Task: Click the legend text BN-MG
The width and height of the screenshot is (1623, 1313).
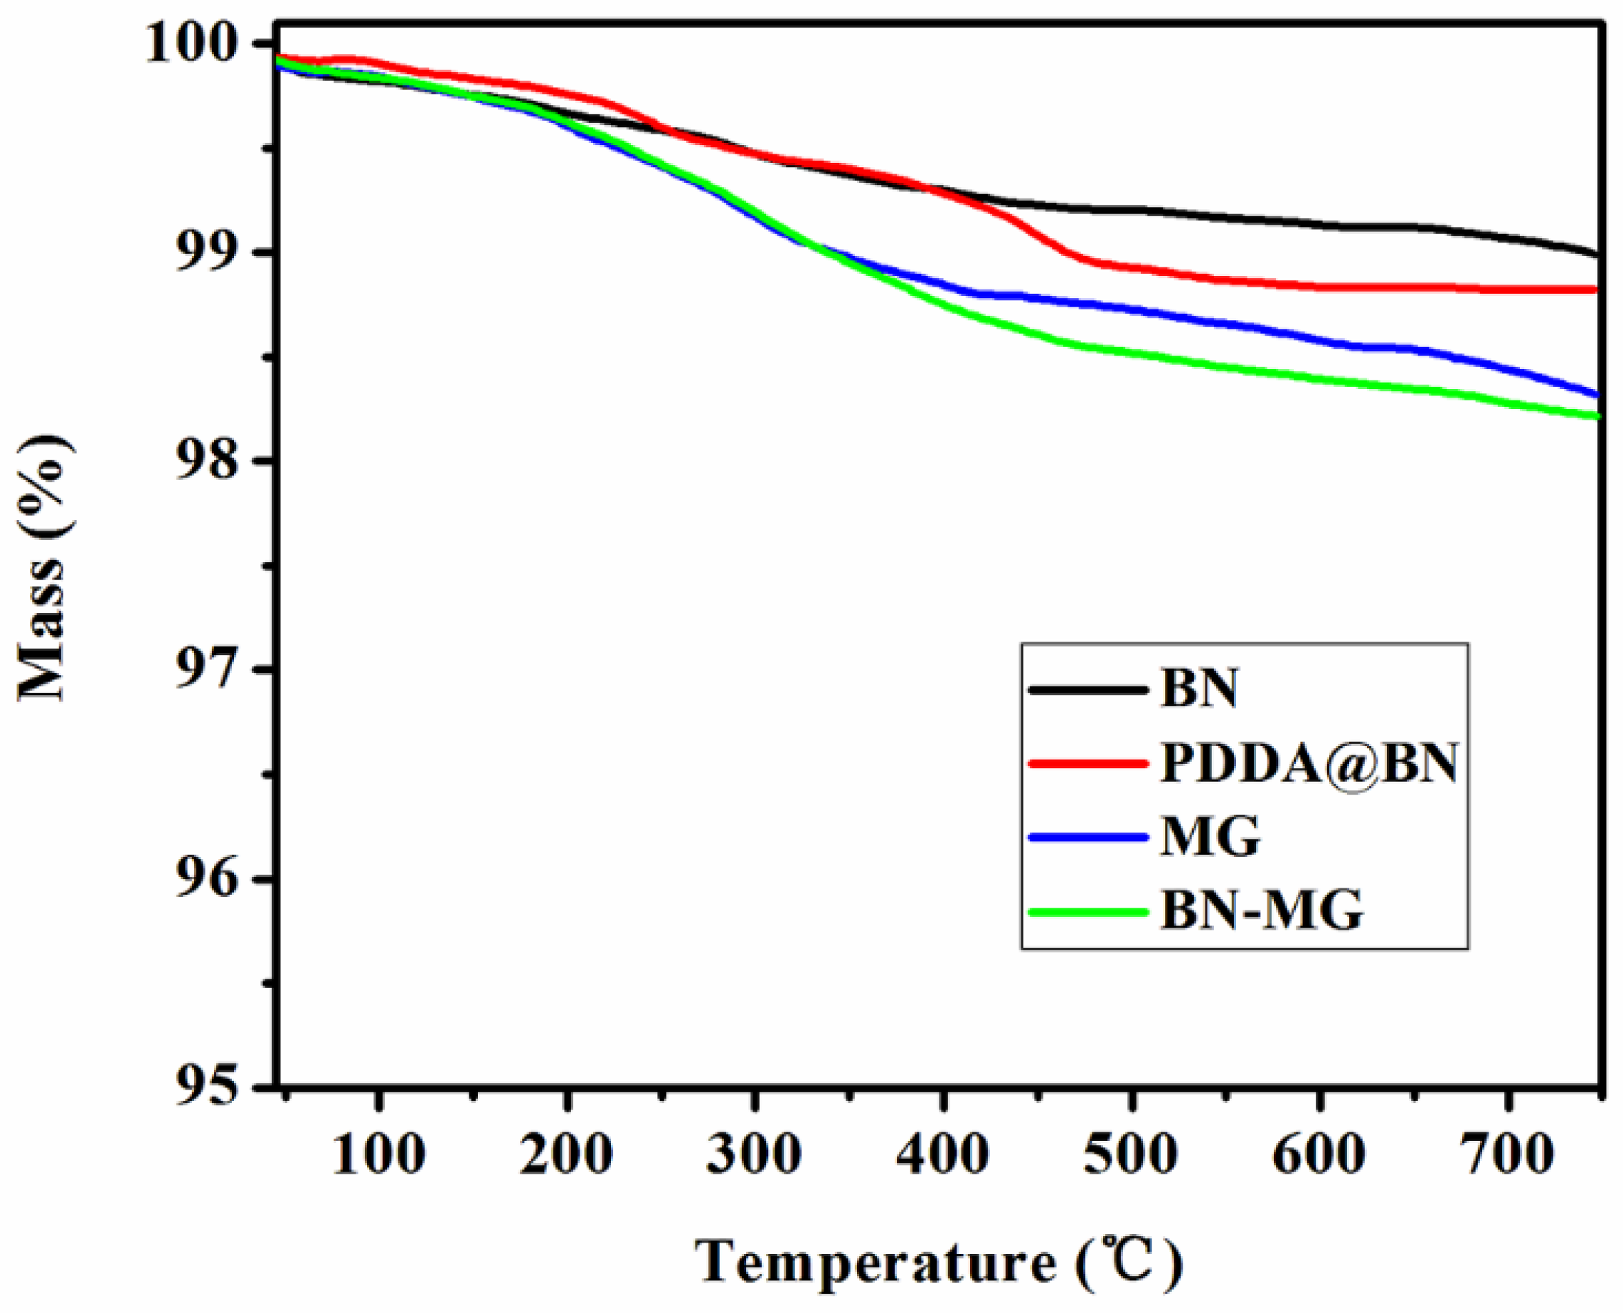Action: (x=1262, y=911)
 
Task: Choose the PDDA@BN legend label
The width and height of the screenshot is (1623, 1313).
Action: (x=1309, y=764)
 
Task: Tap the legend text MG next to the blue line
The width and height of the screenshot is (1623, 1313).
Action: (x=1210, y=837)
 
